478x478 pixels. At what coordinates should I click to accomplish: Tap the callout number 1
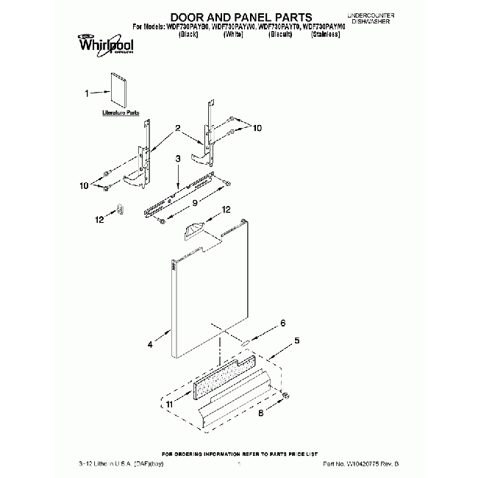[x=88, y=93]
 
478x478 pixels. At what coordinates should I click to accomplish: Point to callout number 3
[x=177, y=159]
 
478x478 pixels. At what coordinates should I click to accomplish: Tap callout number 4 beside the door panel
[x=150, y=343]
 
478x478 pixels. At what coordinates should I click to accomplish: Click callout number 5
[x=297, y=340]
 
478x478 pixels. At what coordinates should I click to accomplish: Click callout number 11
[x=170, y=404]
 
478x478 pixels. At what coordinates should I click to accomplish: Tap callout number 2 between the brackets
[x=177, y=129]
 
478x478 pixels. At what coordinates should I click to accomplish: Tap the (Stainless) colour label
[x=325, y=34]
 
